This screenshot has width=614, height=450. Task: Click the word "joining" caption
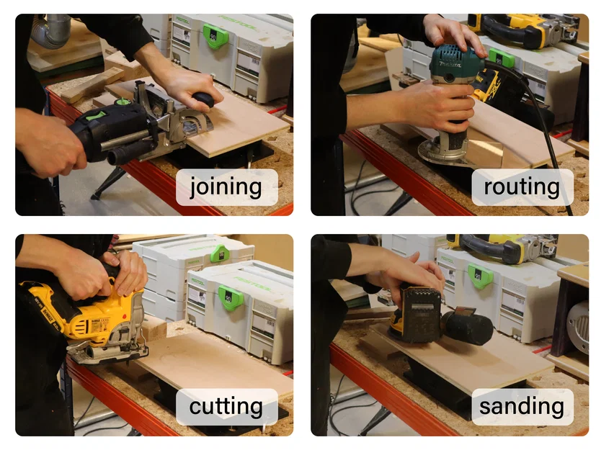[226, 187]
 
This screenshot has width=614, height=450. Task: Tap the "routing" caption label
[522, 187]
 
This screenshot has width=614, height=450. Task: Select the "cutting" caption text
[226, 407]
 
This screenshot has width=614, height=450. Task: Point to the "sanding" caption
[522, 407]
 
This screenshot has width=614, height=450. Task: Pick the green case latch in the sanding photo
[480, 276]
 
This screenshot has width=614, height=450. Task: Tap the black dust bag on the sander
[468, 328]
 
